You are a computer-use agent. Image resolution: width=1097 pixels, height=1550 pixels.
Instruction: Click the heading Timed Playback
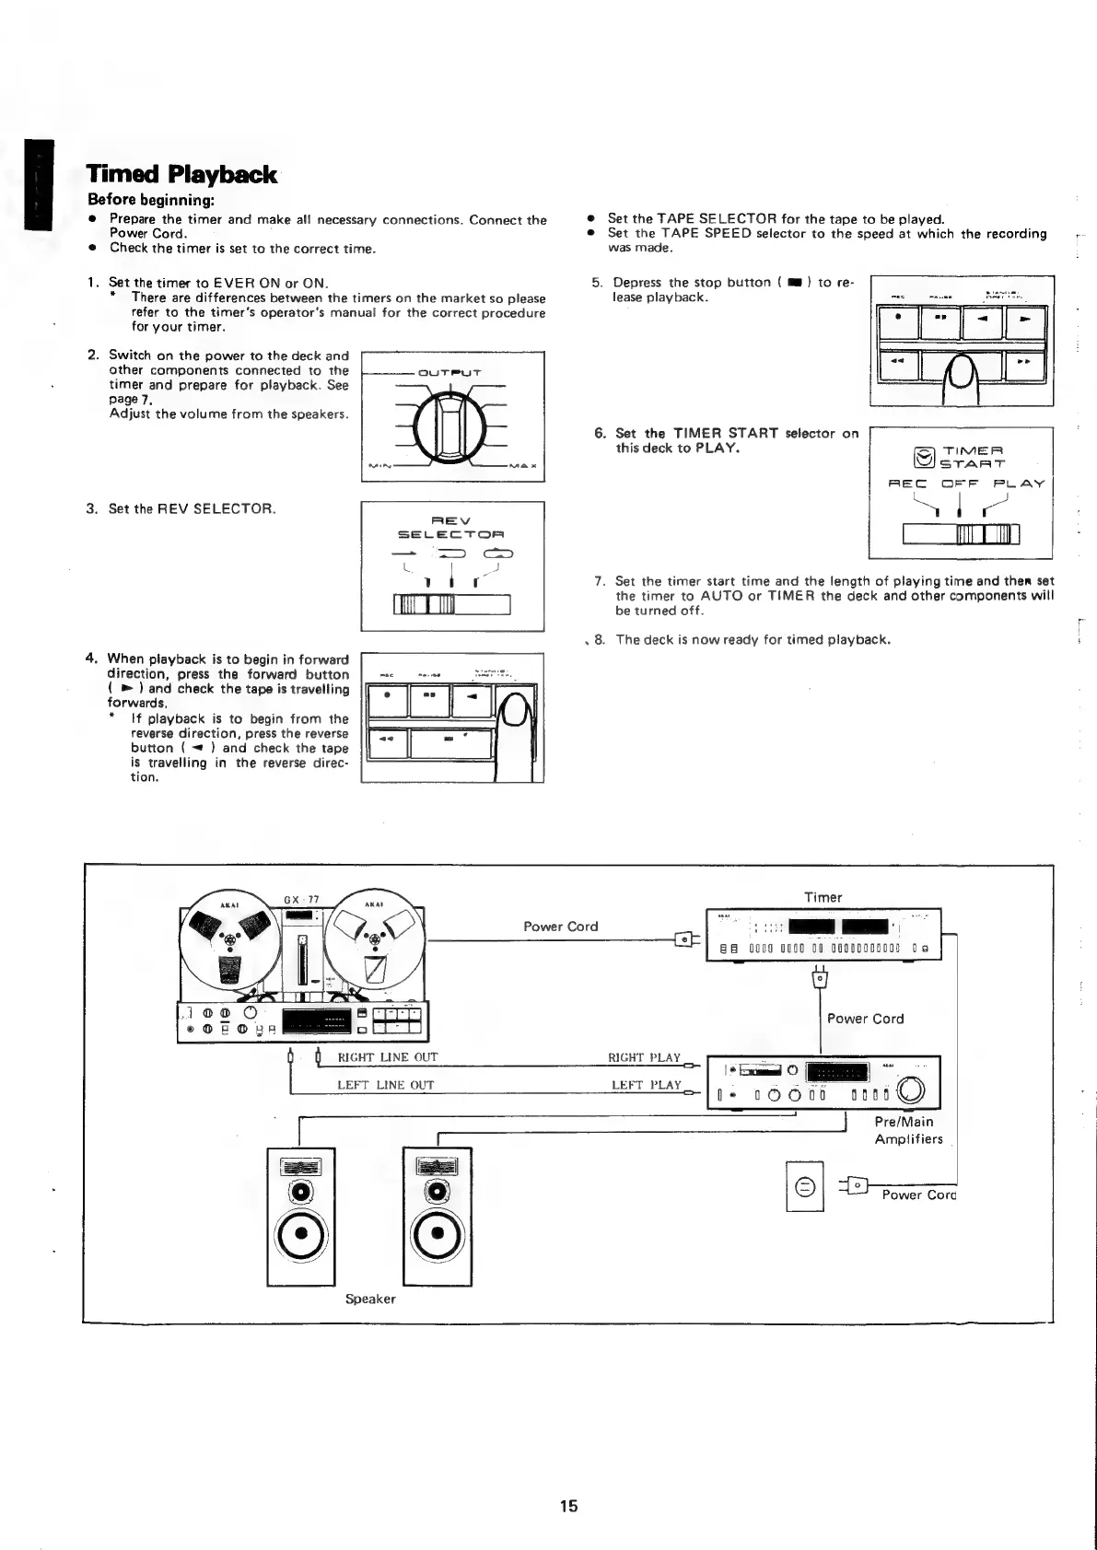[181, 175]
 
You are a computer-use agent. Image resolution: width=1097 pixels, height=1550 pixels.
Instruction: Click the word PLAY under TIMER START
[1019, 484]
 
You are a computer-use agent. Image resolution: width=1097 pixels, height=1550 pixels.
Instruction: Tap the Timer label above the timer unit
[823, 897]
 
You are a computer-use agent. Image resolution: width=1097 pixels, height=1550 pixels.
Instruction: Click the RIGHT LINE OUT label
[388, 1057]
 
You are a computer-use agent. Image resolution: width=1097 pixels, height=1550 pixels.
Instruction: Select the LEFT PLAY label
[647, 1085]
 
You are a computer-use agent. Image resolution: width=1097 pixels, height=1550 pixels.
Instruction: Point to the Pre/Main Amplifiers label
[908, 1130]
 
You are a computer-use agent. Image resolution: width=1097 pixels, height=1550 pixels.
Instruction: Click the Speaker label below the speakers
[370, 1299]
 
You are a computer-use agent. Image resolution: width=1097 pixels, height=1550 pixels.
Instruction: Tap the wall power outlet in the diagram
[804, 1186]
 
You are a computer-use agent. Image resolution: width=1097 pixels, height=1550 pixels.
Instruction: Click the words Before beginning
[151, 200]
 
